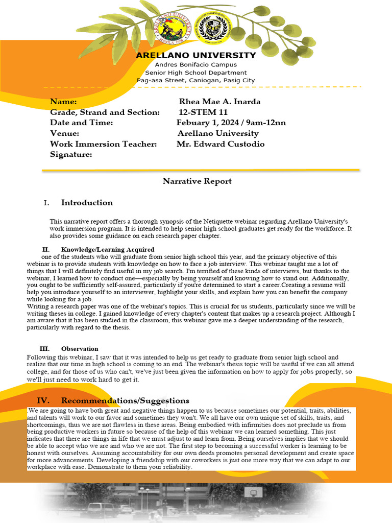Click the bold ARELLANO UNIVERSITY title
point(196,55)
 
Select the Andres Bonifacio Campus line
point(196,65)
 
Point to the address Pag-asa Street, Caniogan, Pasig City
point(196,81)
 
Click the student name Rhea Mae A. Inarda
point(219,102)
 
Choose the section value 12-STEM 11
point(203,112)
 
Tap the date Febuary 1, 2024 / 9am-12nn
point(231,123)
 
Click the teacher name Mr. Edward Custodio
point(220,144)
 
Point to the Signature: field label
point(71,154)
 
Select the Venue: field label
point(64,133)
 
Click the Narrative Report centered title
point(197,181)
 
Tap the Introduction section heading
point(87,203)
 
